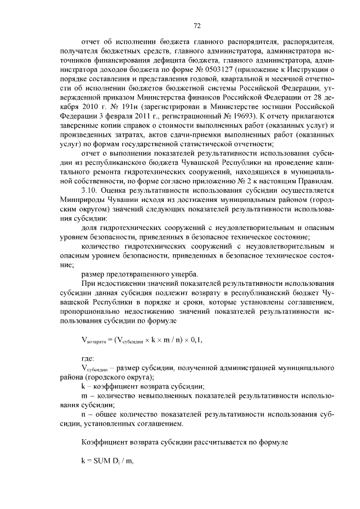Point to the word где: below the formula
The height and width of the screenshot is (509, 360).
click(89, 358)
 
